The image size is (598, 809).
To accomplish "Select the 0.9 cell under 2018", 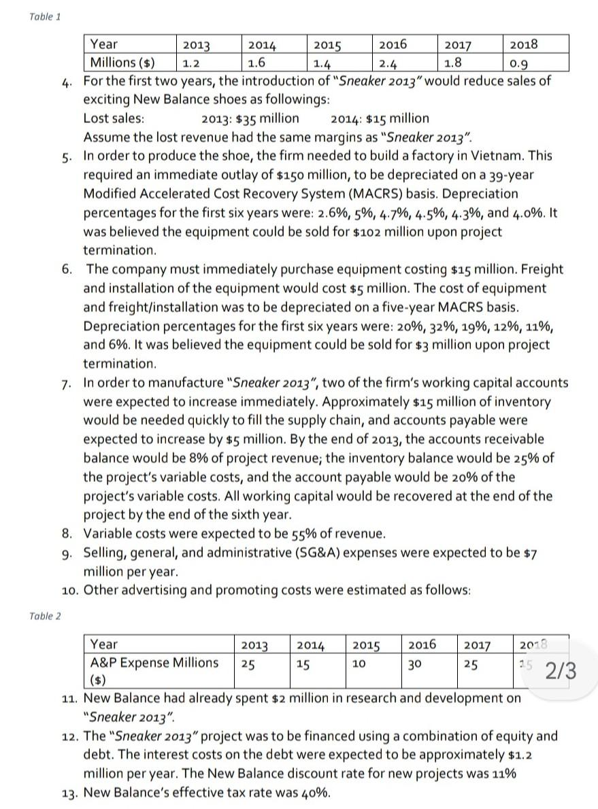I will click(x=518, y=65).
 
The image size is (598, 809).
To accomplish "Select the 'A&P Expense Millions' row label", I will click(x=154, y=662).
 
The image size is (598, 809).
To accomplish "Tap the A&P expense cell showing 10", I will click(x=359, y=662).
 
